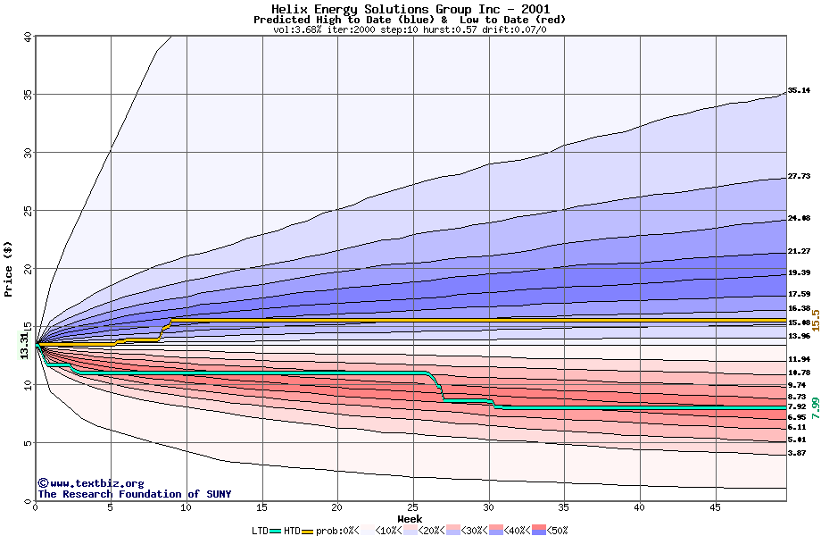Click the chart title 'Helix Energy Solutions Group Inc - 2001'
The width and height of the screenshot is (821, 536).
[x=410, y=8]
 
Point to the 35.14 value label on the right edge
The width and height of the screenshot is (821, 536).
[x=799, y=90]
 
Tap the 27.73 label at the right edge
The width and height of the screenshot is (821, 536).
[x=799, y=177]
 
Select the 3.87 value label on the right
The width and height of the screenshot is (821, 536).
[x=797, y=454]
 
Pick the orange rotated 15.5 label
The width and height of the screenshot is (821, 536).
[x=815, y=320]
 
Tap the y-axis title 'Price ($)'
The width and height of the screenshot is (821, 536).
[x=9, y=268]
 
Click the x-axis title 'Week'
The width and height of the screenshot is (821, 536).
[x=410, y=519]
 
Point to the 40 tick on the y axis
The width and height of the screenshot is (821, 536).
[x=27, y=37]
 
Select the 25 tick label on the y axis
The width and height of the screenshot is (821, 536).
[x=27, y=211]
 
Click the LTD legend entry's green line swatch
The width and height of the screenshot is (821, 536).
[x=276, y=531]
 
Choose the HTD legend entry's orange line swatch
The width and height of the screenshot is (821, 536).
[x=308, y=531]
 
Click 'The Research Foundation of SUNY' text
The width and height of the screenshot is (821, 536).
[x=134, y=494]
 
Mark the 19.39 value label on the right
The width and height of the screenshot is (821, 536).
[x=799, y=272]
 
